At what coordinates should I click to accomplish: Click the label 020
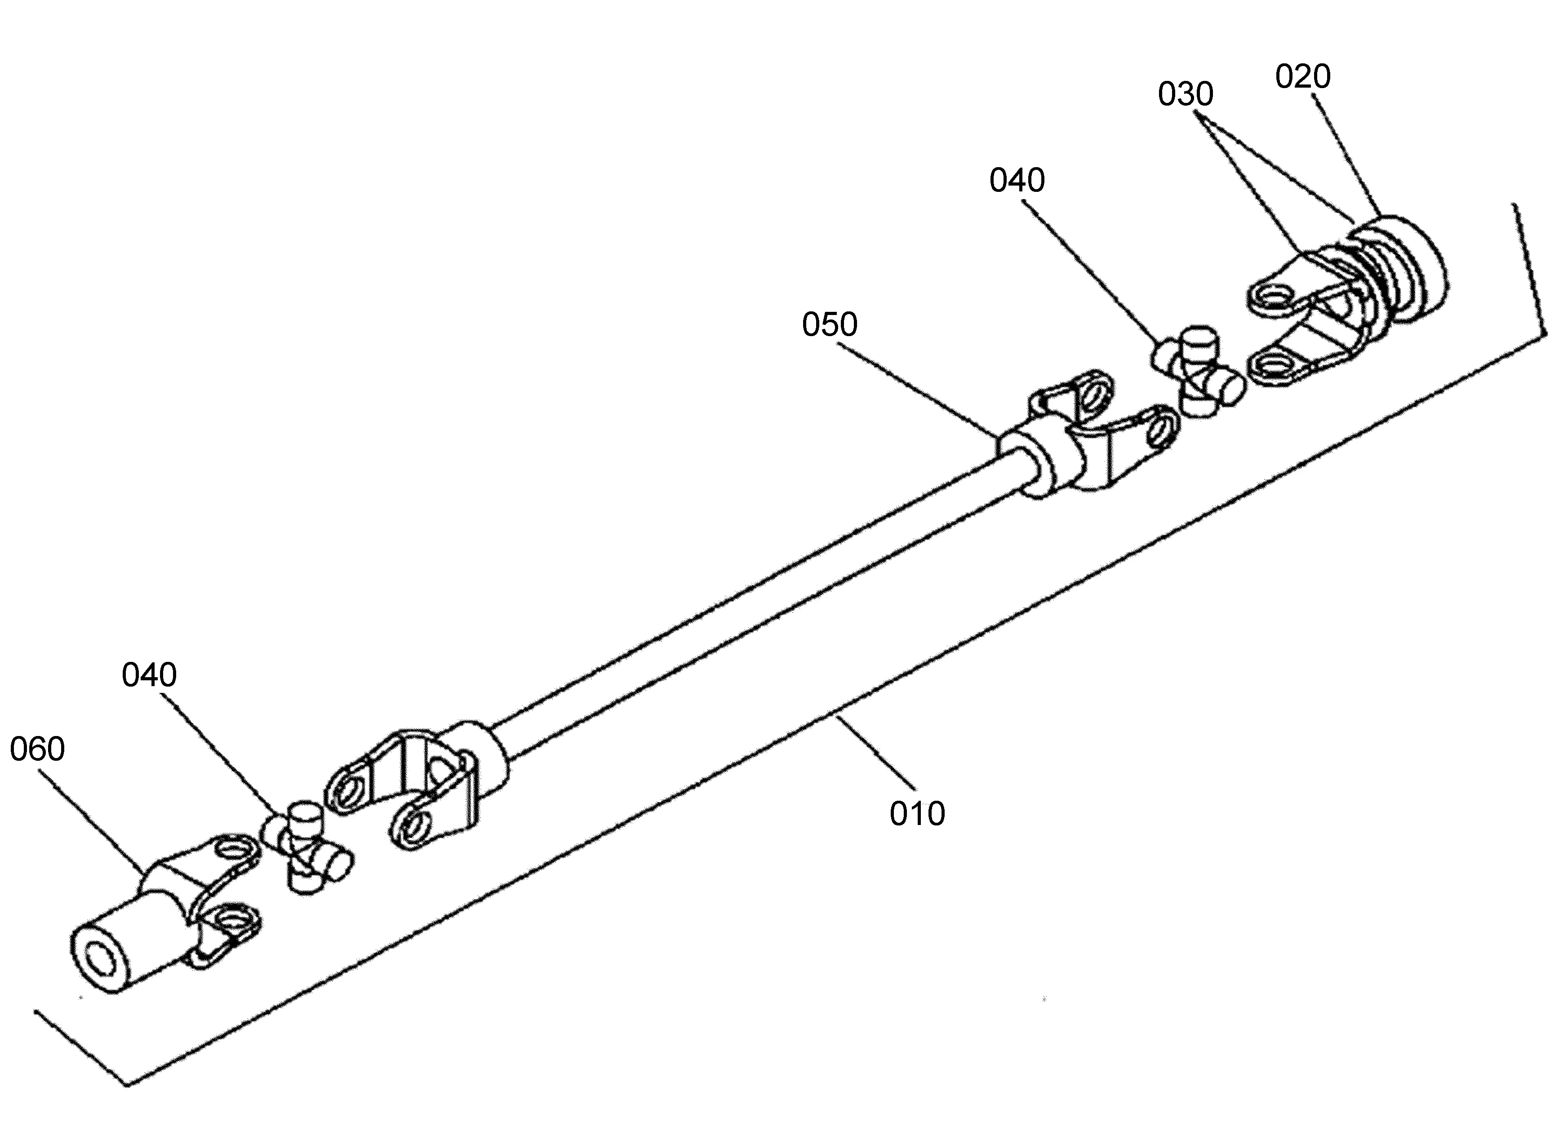[x=1302, y=77]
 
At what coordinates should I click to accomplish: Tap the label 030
[x=1185, y=94]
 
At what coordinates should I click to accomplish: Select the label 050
[x=829, y=324]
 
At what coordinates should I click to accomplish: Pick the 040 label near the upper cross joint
[x=1017, y=181]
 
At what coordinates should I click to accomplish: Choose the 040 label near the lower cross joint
[x=149, y=675]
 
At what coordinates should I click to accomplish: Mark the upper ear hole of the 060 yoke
[x=233, y=851]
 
